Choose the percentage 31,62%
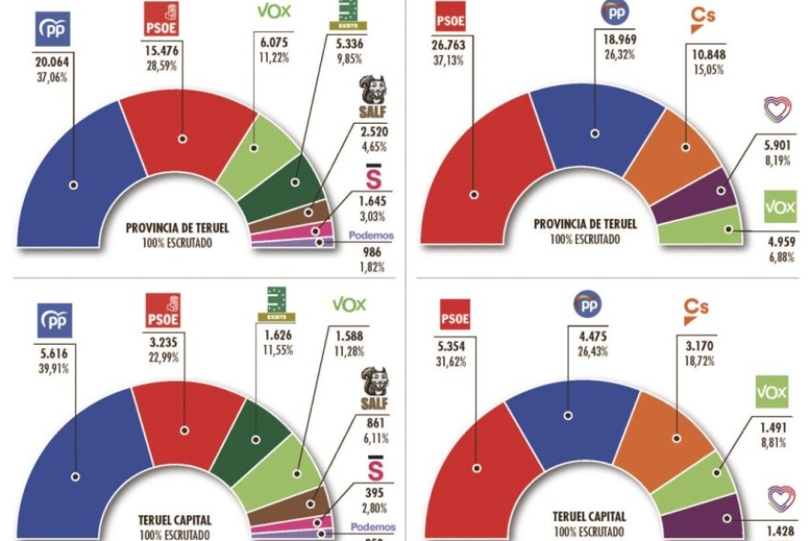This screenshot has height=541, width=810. coord(456,362)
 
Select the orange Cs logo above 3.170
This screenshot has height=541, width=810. coord(697,311)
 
